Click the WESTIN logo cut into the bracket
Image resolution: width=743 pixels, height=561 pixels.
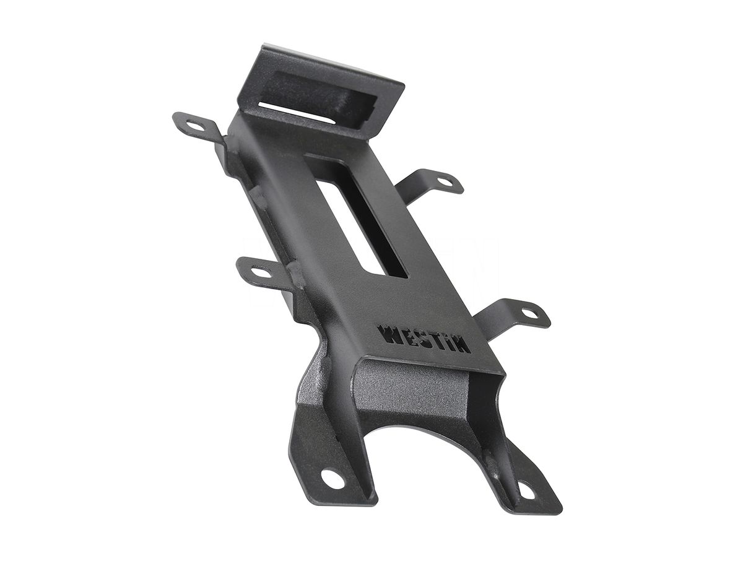pos(423,339)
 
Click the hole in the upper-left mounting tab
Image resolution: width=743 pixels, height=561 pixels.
pos(195,126)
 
